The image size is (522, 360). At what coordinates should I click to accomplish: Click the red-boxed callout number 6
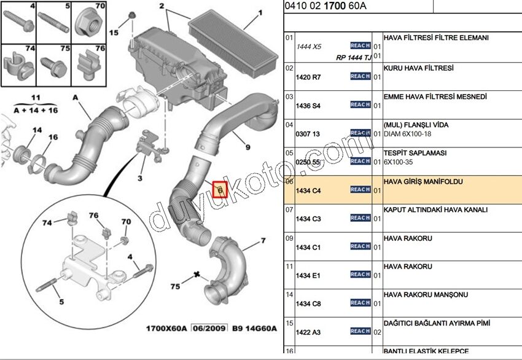(220, 190)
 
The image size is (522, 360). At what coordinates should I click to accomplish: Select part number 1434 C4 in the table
(308, 191)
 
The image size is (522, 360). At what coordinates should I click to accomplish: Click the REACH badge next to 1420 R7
(360, 76)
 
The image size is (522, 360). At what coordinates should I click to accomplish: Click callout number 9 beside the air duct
(247, 147)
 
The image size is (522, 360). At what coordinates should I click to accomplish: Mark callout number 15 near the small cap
(114, 32)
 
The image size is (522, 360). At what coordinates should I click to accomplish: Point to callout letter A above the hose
(75, 98)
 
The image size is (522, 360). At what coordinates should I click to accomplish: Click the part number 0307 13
(308, 133)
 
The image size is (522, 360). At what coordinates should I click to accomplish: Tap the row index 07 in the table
(289, 210)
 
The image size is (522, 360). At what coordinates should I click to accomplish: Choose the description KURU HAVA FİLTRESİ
(419, 68)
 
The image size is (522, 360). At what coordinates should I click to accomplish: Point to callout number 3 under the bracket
(139, 178)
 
